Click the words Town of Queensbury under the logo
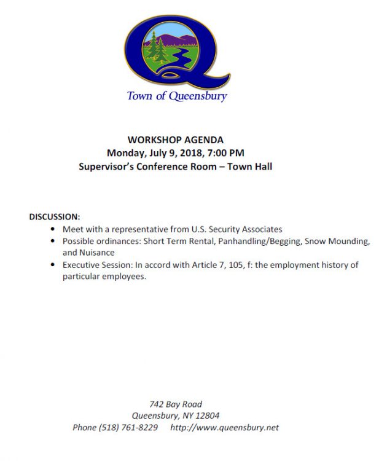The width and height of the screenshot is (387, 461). click(x=177, y=96)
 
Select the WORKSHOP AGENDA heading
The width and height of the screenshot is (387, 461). click(x=176, y=140)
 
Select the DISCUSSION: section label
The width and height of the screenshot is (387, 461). click(x=55, y=217)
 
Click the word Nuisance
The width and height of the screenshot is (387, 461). click(x=96, y=253)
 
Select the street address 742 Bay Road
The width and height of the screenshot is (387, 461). click(x=176, y=404)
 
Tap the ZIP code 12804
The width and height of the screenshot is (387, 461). click(x=206, y=416)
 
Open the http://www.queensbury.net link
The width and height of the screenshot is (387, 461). click(x=225, y=428)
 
